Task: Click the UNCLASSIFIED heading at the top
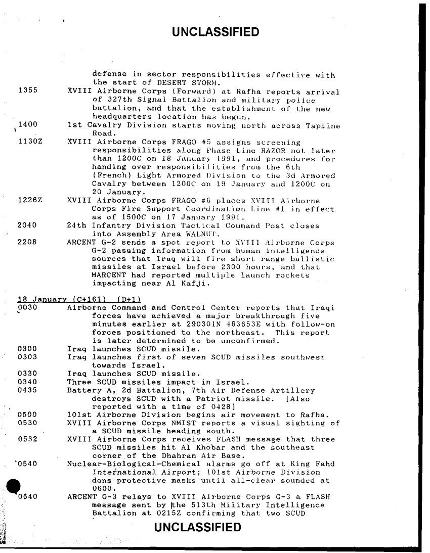pos(216,33)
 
